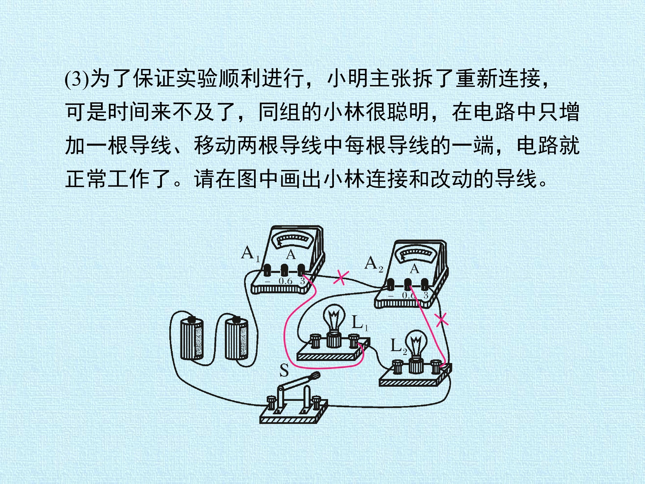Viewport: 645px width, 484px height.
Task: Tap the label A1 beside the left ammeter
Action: (x=250, y=253)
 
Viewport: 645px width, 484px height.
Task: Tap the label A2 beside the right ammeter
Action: (x=374, y=264)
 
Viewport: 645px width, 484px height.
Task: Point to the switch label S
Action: (x=284, y=370)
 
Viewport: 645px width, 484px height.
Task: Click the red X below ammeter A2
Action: (x=441, y=320)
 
